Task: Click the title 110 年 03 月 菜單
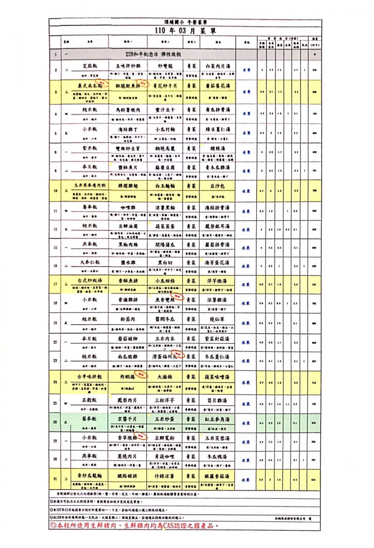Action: [180, 30]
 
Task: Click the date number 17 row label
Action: [55, 284]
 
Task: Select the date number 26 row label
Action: [55, 422]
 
